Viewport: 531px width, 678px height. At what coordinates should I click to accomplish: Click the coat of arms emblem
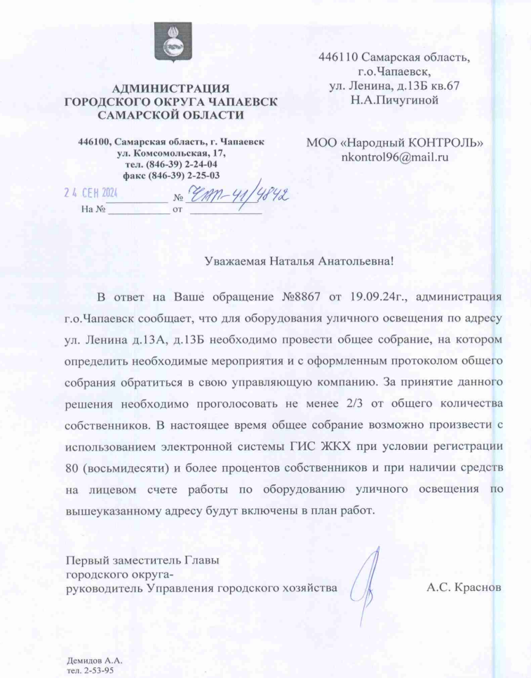(170, 44)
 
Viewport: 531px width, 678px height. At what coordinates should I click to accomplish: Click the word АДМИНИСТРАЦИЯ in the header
(170, 88)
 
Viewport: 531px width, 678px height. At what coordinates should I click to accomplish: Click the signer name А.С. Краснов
(464, 587)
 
